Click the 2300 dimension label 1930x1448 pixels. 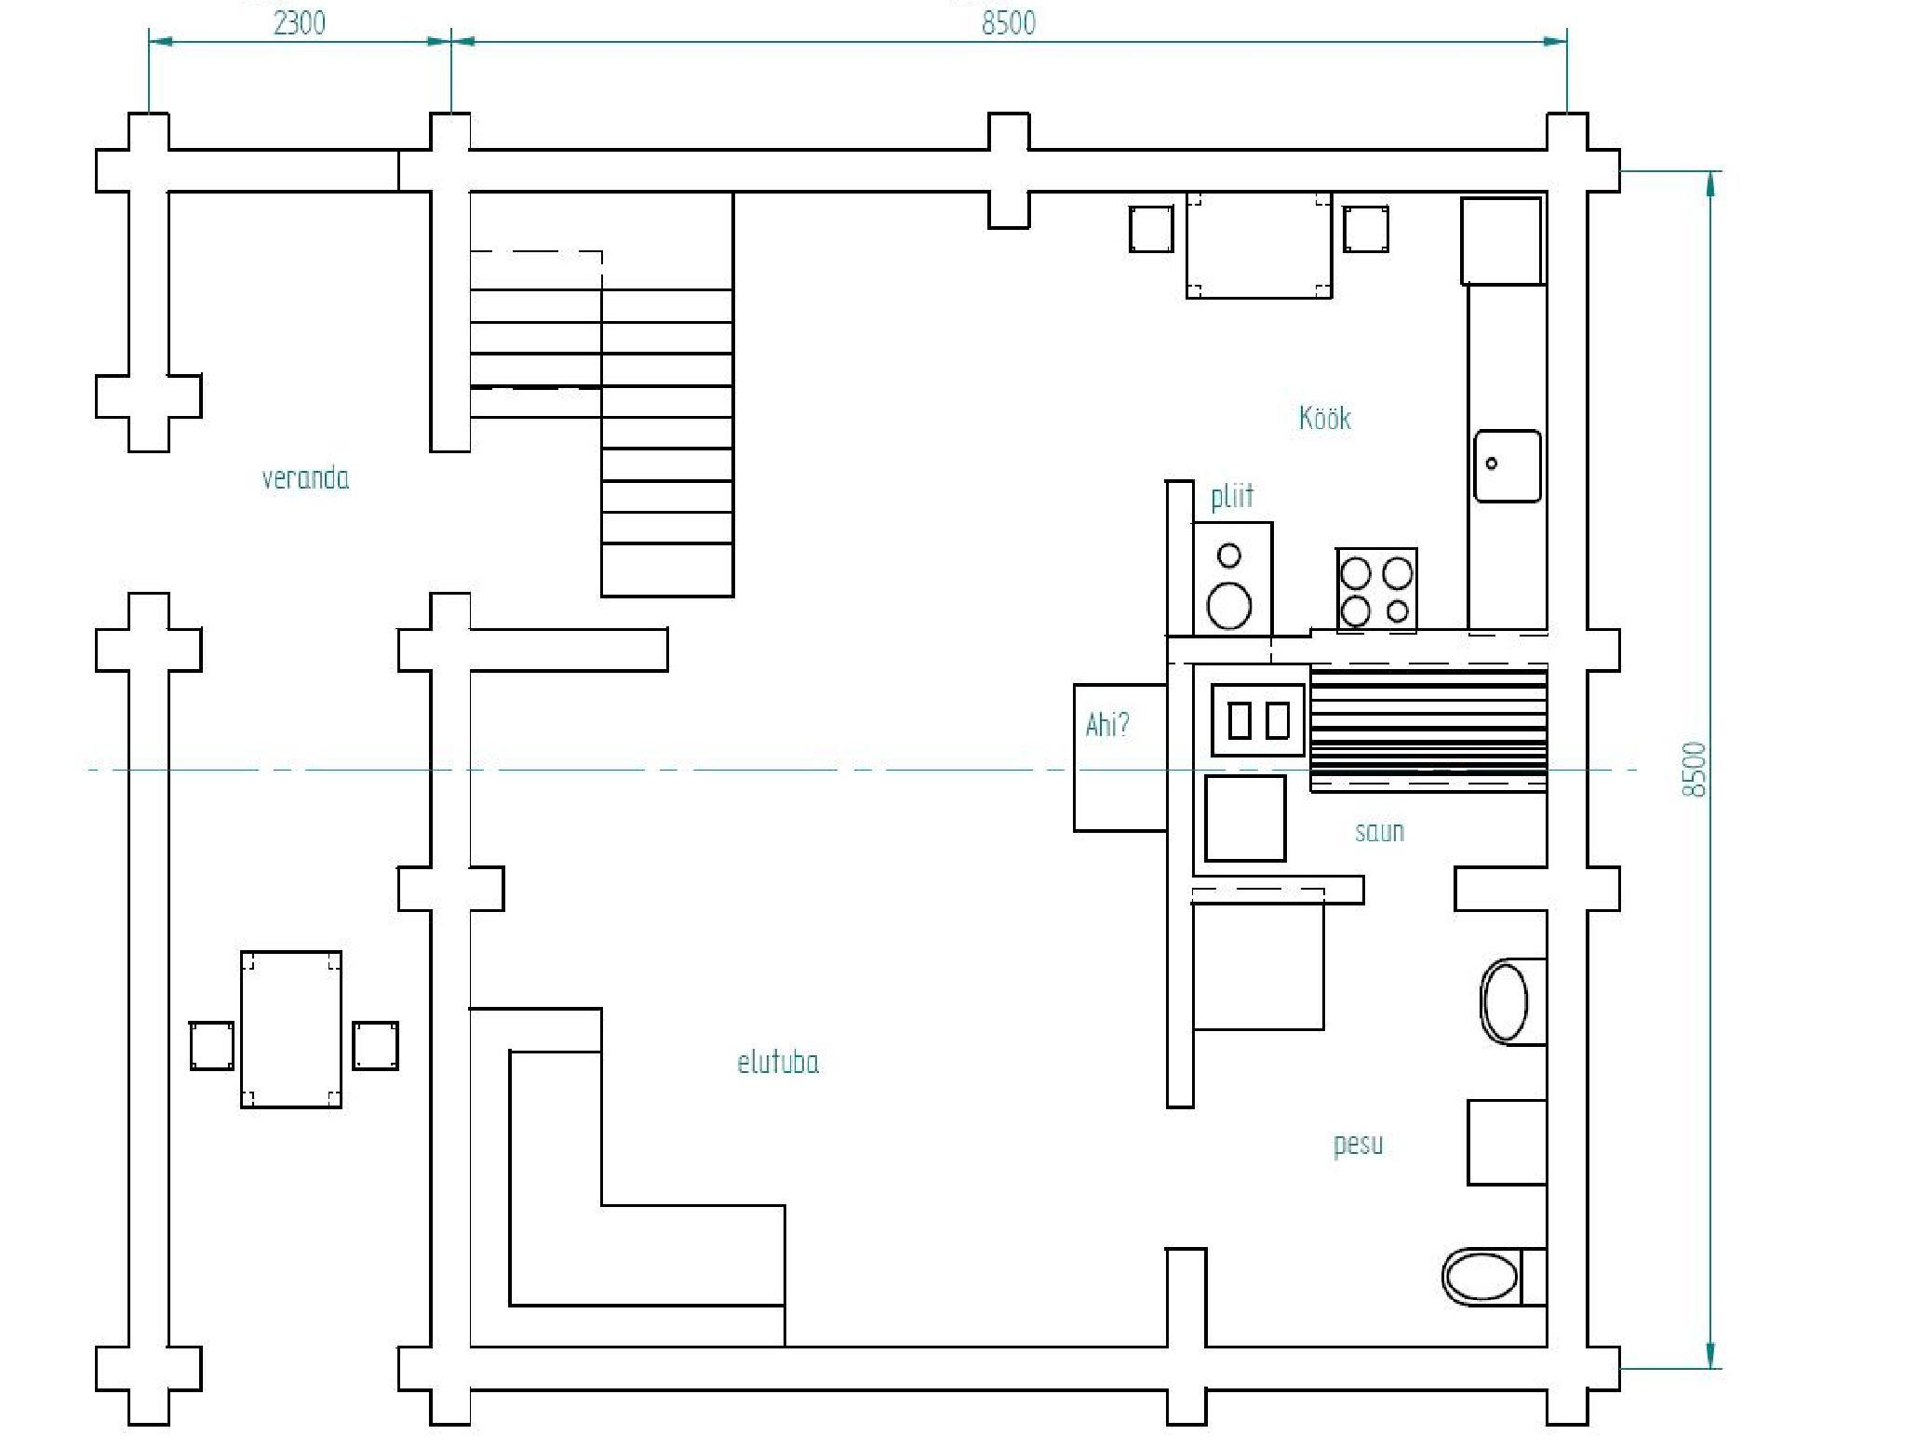pyautogui.click(x=300, y=22)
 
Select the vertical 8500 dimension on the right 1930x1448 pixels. pyautogui.click(x=1695, y=770)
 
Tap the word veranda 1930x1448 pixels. pyautogui.click(x=305, y=478)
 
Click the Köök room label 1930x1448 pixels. pyautogui.click(x=1324, y=417)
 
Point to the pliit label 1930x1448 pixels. pyautogui.click(x=1232, y=496)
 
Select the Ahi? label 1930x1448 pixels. pyautogui.click(x=1107, y=724)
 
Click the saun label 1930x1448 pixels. pyautogui.click(x=1379, y=831)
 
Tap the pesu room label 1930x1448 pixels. pyautogui.click(x=1358, y=1144)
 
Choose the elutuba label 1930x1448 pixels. pyautogui.click(x=778, y=1062)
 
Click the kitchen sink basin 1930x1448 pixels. pyautogui.click(x=1507, y=465)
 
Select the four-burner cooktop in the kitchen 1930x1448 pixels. pyautogui.click(x=1376, y=589)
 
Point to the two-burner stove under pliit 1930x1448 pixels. pyautogui.click(x=1231, y=579)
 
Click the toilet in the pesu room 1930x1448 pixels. pyautogui.click(x=1494, y=1277)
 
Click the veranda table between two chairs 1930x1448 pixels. pyautogui.click(x=291, y=1029)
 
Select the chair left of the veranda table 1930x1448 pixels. pyautogui.click(x=212, y=1045)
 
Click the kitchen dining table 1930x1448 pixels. pyautogui.click(x=1259, y=246)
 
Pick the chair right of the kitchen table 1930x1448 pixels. pyautogui.click(x=1366, y=229)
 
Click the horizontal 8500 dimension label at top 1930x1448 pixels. pyautogui.click(x=1009, y=22)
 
